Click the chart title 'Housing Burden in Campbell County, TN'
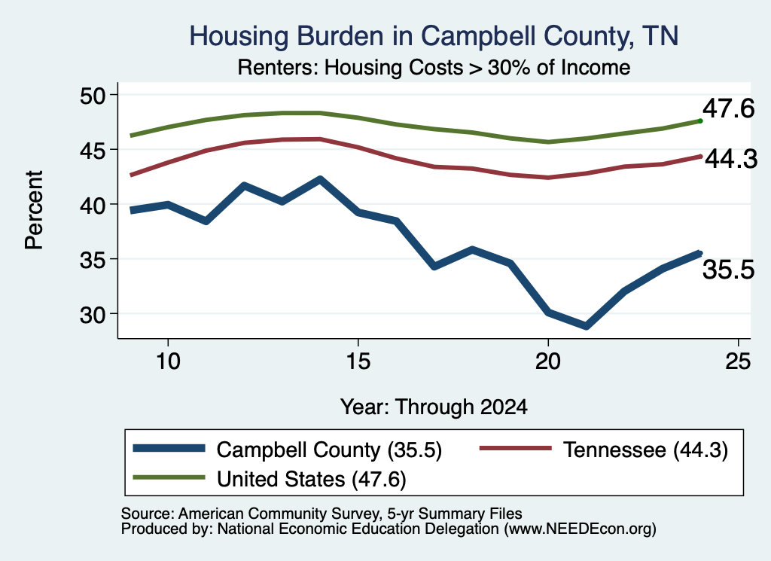pyautogui.click(x=434, y=36)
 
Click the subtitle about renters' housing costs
pyautogui.click(x=434, y=67)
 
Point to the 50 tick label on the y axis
pyautogui.click(x=93, y=95)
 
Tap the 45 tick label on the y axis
pyautogui.click(x=93, y=150)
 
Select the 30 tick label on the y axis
pyautogui.click(x=93, y=314)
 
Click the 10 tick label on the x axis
pyautogui.click(x=168, y=362)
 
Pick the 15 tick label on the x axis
pyautogui.click(x=358, y=362)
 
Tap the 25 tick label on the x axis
pyautogui.click(x=738, y=362)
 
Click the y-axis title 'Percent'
pyautogui.click(x=34, y=210)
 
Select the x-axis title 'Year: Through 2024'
pyautogui.click(x=434, y=407)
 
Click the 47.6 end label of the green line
pyautogui.click(x=728, y=108)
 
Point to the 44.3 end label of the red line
pyautogui.click(x=731, y=160)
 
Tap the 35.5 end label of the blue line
pyautogui.click(x=728, y=270)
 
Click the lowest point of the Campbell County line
pyautogui.click(x=586, y=326)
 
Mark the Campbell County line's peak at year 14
pyautogui.click(x=320, y=179)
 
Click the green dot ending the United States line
pyautogui.click(x=700, y=120)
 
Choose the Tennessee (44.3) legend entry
pyautogui.click(x=603, y=450)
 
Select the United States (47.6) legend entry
pyautogui.click(x=270, y=479)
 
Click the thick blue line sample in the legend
pyautogui.click(x=169, y=448)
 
